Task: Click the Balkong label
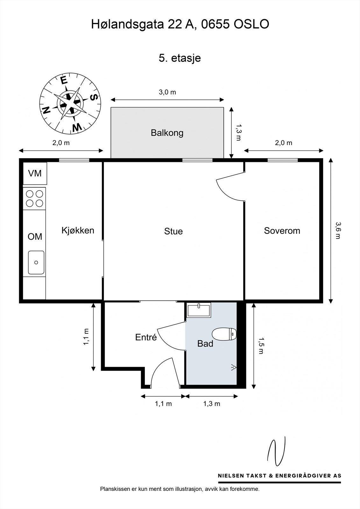tap(167, 133)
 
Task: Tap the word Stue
tap(173, 231)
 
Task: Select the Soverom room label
tap(282, 231)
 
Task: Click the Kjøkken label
tap(78, 230)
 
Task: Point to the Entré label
tap(146, 337)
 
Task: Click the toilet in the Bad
tap(224, 334)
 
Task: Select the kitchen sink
tap(36, 262)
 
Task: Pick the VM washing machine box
tap(35, 173)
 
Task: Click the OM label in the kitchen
tap(35, 237)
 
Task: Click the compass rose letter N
tap(46, 110)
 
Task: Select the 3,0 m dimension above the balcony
tap(167, 92)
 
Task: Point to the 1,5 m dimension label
tap(261, 345)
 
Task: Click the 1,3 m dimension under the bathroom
tap(212, 404)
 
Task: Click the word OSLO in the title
tap(251, 24)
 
